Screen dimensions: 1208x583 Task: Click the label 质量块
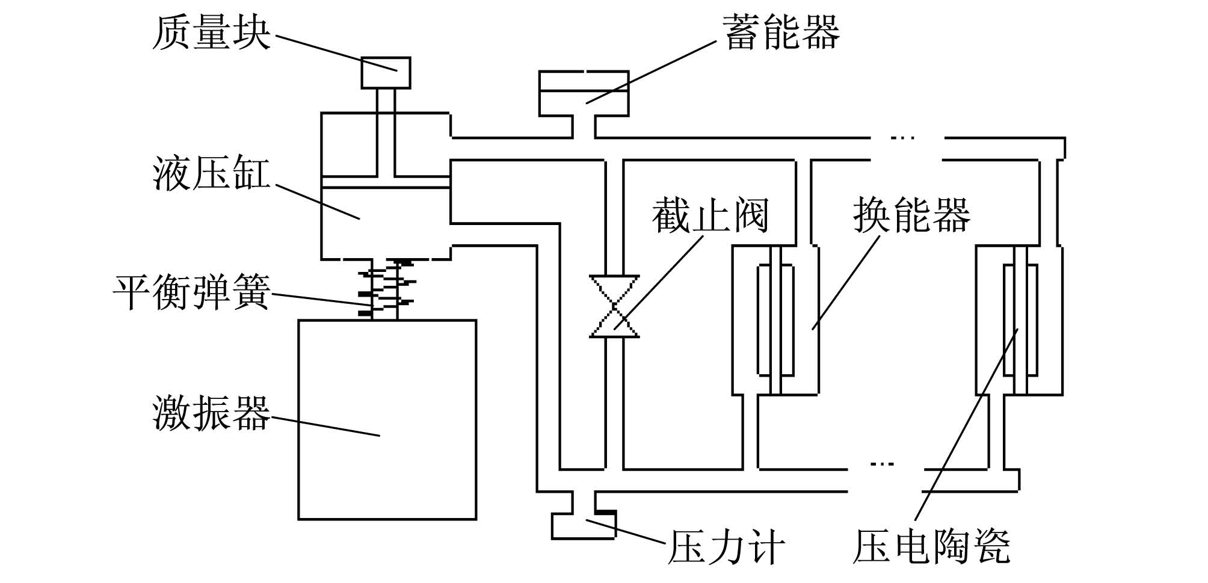[x=211, y=33]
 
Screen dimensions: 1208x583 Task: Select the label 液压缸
[x=211, y=174]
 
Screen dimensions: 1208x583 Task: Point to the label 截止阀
[x=710, y=215]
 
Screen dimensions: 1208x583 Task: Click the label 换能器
[x=912, y=215]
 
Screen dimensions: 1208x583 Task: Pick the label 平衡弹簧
[x=192, y=292]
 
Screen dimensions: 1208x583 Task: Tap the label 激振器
[x=211, y=413]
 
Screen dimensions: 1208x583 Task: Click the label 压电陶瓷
[x=931, y=546]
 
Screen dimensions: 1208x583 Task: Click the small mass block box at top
[x=386, y=73]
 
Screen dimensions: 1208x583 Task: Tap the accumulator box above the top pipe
[x=584, y=93]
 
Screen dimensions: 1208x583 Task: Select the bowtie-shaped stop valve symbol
[x=614, y=306]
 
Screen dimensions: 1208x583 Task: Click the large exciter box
[x=387, y=419]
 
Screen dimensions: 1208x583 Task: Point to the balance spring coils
[x=386, y=288]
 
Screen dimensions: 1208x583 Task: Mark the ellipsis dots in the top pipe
[x=902, y=138]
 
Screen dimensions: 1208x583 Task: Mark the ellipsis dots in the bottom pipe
[x=882, y=463]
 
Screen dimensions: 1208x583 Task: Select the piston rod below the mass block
[x=386, y=134]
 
